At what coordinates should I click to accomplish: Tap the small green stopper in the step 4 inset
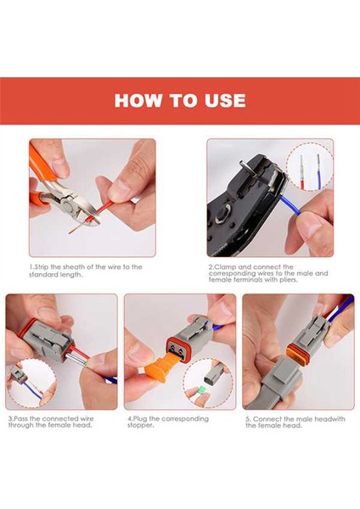pos(202,390)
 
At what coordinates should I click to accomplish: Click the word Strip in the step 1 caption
pos(41,267)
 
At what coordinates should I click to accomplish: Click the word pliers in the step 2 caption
pos(288,279)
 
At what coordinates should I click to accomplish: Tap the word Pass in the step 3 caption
pos(20,419)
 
